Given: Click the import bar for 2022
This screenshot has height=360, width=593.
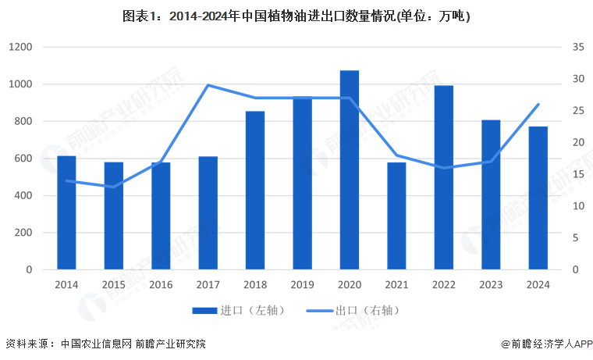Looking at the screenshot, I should click(444, 178).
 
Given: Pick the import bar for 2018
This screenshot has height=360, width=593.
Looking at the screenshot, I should click(255, 191).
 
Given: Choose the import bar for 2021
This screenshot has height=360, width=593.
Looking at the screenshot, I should click(396, 216).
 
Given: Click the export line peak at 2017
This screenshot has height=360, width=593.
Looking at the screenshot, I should click(208, 85).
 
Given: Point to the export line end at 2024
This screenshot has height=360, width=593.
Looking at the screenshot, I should click(538, 105).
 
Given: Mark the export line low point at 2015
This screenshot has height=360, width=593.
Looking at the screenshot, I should click(114, 187).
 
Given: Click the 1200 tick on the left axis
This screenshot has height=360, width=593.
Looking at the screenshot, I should click(20, 48).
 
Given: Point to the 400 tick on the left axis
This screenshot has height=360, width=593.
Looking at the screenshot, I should click(23, 196).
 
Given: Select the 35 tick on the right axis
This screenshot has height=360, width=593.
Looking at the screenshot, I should click(578, 48).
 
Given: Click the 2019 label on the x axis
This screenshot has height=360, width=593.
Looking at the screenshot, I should click(302, 285).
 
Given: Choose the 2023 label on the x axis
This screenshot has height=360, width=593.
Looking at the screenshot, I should click(491, 285).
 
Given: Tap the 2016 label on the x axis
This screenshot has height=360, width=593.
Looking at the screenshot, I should click(161, 285).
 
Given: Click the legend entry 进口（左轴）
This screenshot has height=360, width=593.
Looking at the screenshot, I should click(239, 311).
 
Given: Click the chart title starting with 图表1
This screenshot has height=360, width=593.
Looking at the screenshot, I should click(296, 15).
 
